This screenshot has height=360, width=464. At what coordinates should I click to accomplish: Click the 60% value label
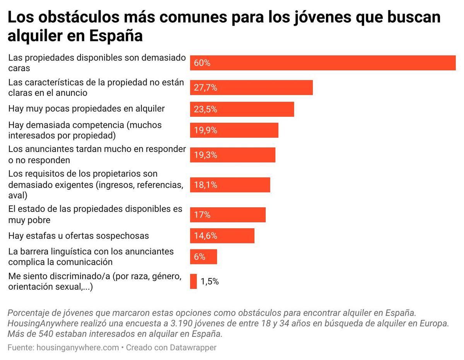(202, 63)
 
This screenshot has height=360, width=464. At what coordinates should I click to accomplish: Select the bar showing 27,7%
(251, 88)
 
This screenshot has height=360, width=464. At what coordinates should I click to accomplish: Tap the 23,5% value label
(205, 109)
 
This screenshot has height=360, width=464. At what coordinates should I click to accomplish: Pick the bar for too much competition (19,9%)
(234, 130)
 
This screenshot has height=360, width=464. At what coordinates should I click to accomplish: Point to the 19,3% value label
(205, 155)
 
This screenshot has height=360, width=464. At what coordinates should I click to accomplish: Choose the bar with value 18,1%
(230, 185)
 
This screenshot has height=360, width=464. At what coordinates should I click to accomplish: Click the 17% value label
(202, 215)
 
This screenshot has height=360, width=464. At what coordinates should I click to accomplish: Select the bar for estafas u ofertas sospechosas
(222, 236)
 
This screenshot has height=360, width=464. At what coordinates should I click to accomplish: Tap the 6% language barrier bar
(203, 257)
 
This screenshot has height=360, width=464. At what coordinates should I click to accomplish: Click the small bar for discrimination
(193, 282)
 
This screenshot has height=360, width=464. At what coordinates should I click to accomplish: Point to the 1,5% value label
(210, 282)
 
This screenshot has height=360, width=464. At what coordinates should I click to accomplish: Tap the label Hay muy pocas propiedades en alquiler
(86, 109)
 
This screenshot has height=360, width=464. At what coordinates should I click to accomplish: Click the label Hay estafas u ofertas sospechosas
(78, 235)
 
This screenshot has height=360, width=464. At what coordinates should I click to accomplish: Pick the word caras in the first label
(19, 68)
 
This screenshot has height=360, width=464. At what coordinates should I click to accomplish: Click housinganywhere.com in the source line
(77, 348)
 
